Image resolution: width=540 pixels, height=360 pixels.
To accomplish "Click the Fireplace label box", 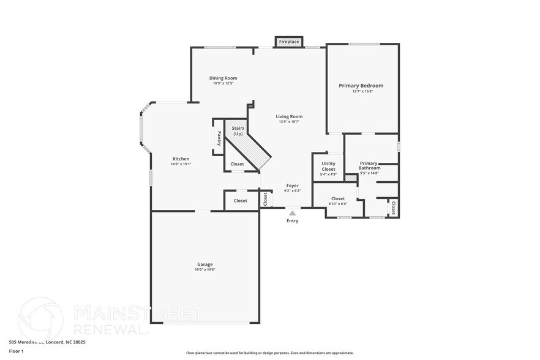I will point(289,42).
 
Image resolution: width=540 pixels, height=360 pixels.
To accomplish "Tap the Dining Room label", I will point(223,78).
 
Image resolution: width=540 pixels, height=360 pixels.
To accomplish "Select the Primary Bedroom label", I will point(361,86).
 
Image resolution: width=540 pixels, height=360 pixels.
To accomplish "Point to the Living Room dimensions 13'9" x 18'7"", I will point(289,122).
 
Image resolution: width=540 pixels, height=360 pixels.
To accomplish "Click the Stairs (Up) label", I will point(238,130).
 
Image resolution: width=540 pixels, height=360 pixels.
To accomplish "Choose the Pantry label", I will point(219,138).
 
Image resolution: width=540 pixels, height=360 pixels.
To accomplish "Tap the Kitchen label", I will point(181,159).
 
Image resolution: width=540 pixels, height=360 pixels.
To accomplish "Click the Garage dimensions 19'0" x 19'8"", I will point(205,269).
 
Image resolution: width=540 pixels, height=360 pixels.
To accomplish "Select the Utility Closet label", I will point(329,166).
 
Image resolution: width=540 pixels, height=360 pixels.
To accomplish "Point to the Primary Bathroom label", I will point(369,165).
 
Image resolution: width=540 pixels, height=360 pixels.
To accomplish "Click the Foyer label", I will point(293,185).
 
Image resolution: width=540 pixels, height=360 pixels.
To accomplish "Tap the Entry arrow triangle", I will point(293,212).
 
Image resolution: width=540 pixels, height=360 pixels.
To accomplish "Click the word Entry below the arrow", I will point(293,220).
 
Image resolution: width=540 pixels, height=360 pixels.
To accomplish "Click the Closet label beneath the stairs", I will point(237,163).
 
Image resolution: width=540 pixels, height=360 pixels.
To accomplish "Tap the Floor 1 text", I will point(16,351).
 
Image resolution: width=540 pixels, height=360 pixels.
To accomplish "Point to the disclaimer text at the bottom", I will point(269,353).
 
